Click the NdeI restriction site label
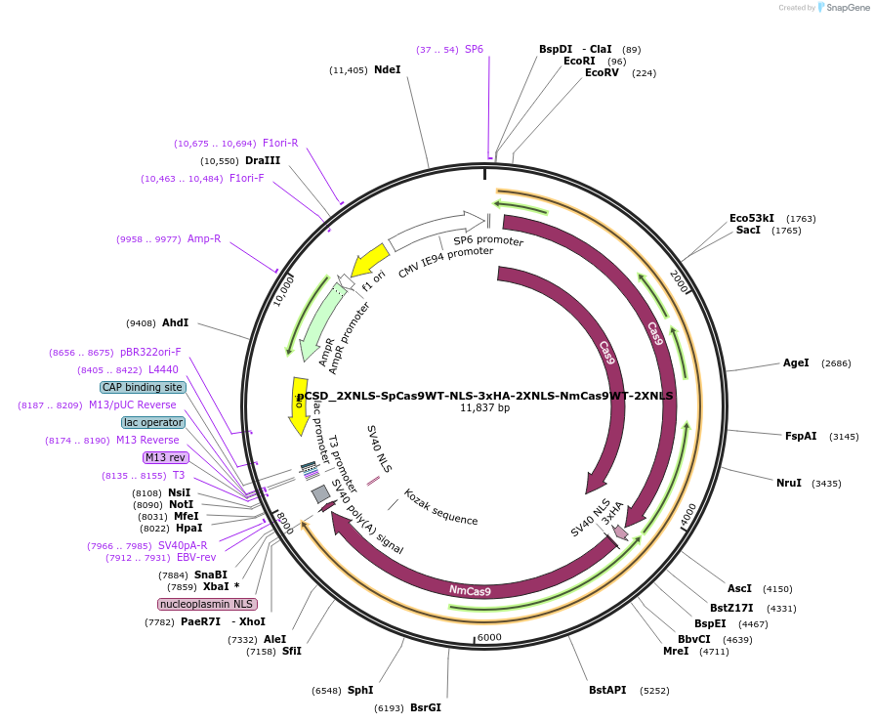coord(388,69)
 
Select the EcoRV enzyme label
coord(602,73)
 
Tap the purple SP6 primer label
coord(474,49)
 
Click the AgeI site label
coord(796,362)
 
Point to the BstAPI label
coord(607,690)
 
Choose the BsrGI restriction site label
coord(426,707)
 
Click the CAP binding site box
coord(143,387)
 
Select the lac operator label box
coord(153,422)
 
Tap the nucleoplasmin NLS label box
coord(207,604)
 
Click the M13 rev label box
coord(165,457)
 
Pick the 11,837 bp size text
coord(484,407)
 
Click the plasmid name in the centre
coord(484,396)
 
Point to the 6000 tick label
coord(488,637)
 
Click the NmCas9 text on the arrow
coord(470,590)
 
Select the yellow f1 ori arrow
coord(370,261)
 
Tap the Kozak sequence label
coord(440,507)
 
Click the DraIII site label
coord(263,160)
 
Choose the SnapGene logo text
coord(846,8)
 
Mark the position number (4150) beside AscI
coord(777,589)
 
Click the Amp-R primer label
coord(204,238)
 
